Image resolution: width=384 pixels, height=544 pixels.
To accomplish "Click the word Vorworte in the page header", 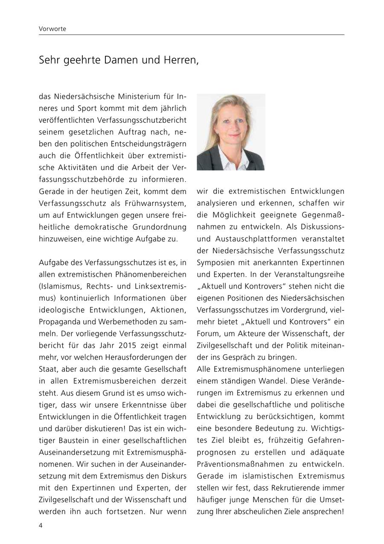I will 52,29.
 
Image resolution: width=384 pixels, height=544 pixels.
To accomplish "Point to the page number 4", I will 41,526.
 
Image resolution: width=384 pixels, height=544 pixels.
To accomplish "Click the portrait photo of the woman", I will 231,132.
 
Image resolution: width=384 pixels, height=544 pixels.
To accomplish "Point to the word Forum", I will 207,333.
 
